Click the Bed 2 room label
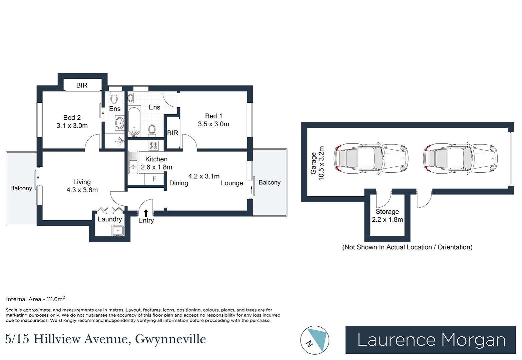[72, 118]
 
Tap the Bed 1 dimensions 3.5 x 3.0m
[213, 124]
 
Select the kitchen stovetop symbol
[154, 145]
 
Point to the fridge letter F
[154, 179]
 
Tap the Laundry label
[110, 219]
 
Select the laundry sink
[118, 230]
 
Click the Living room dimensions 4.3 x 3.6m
[82, 190]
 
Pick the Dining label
[179, 183]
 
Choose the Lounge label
[232, 183]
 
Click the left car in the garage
[371, 158]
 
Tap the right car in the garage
[460, 158]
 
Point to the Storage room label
[387, 212]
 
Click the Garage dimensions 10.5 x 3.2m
[321, 163]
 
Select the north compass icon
[315, 340]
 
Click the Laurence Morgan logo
[431, 340]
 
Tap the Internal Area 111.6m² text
[35, 299]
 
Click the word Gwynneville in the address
[170, 339]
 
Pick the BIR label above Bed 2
[82, 85]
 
